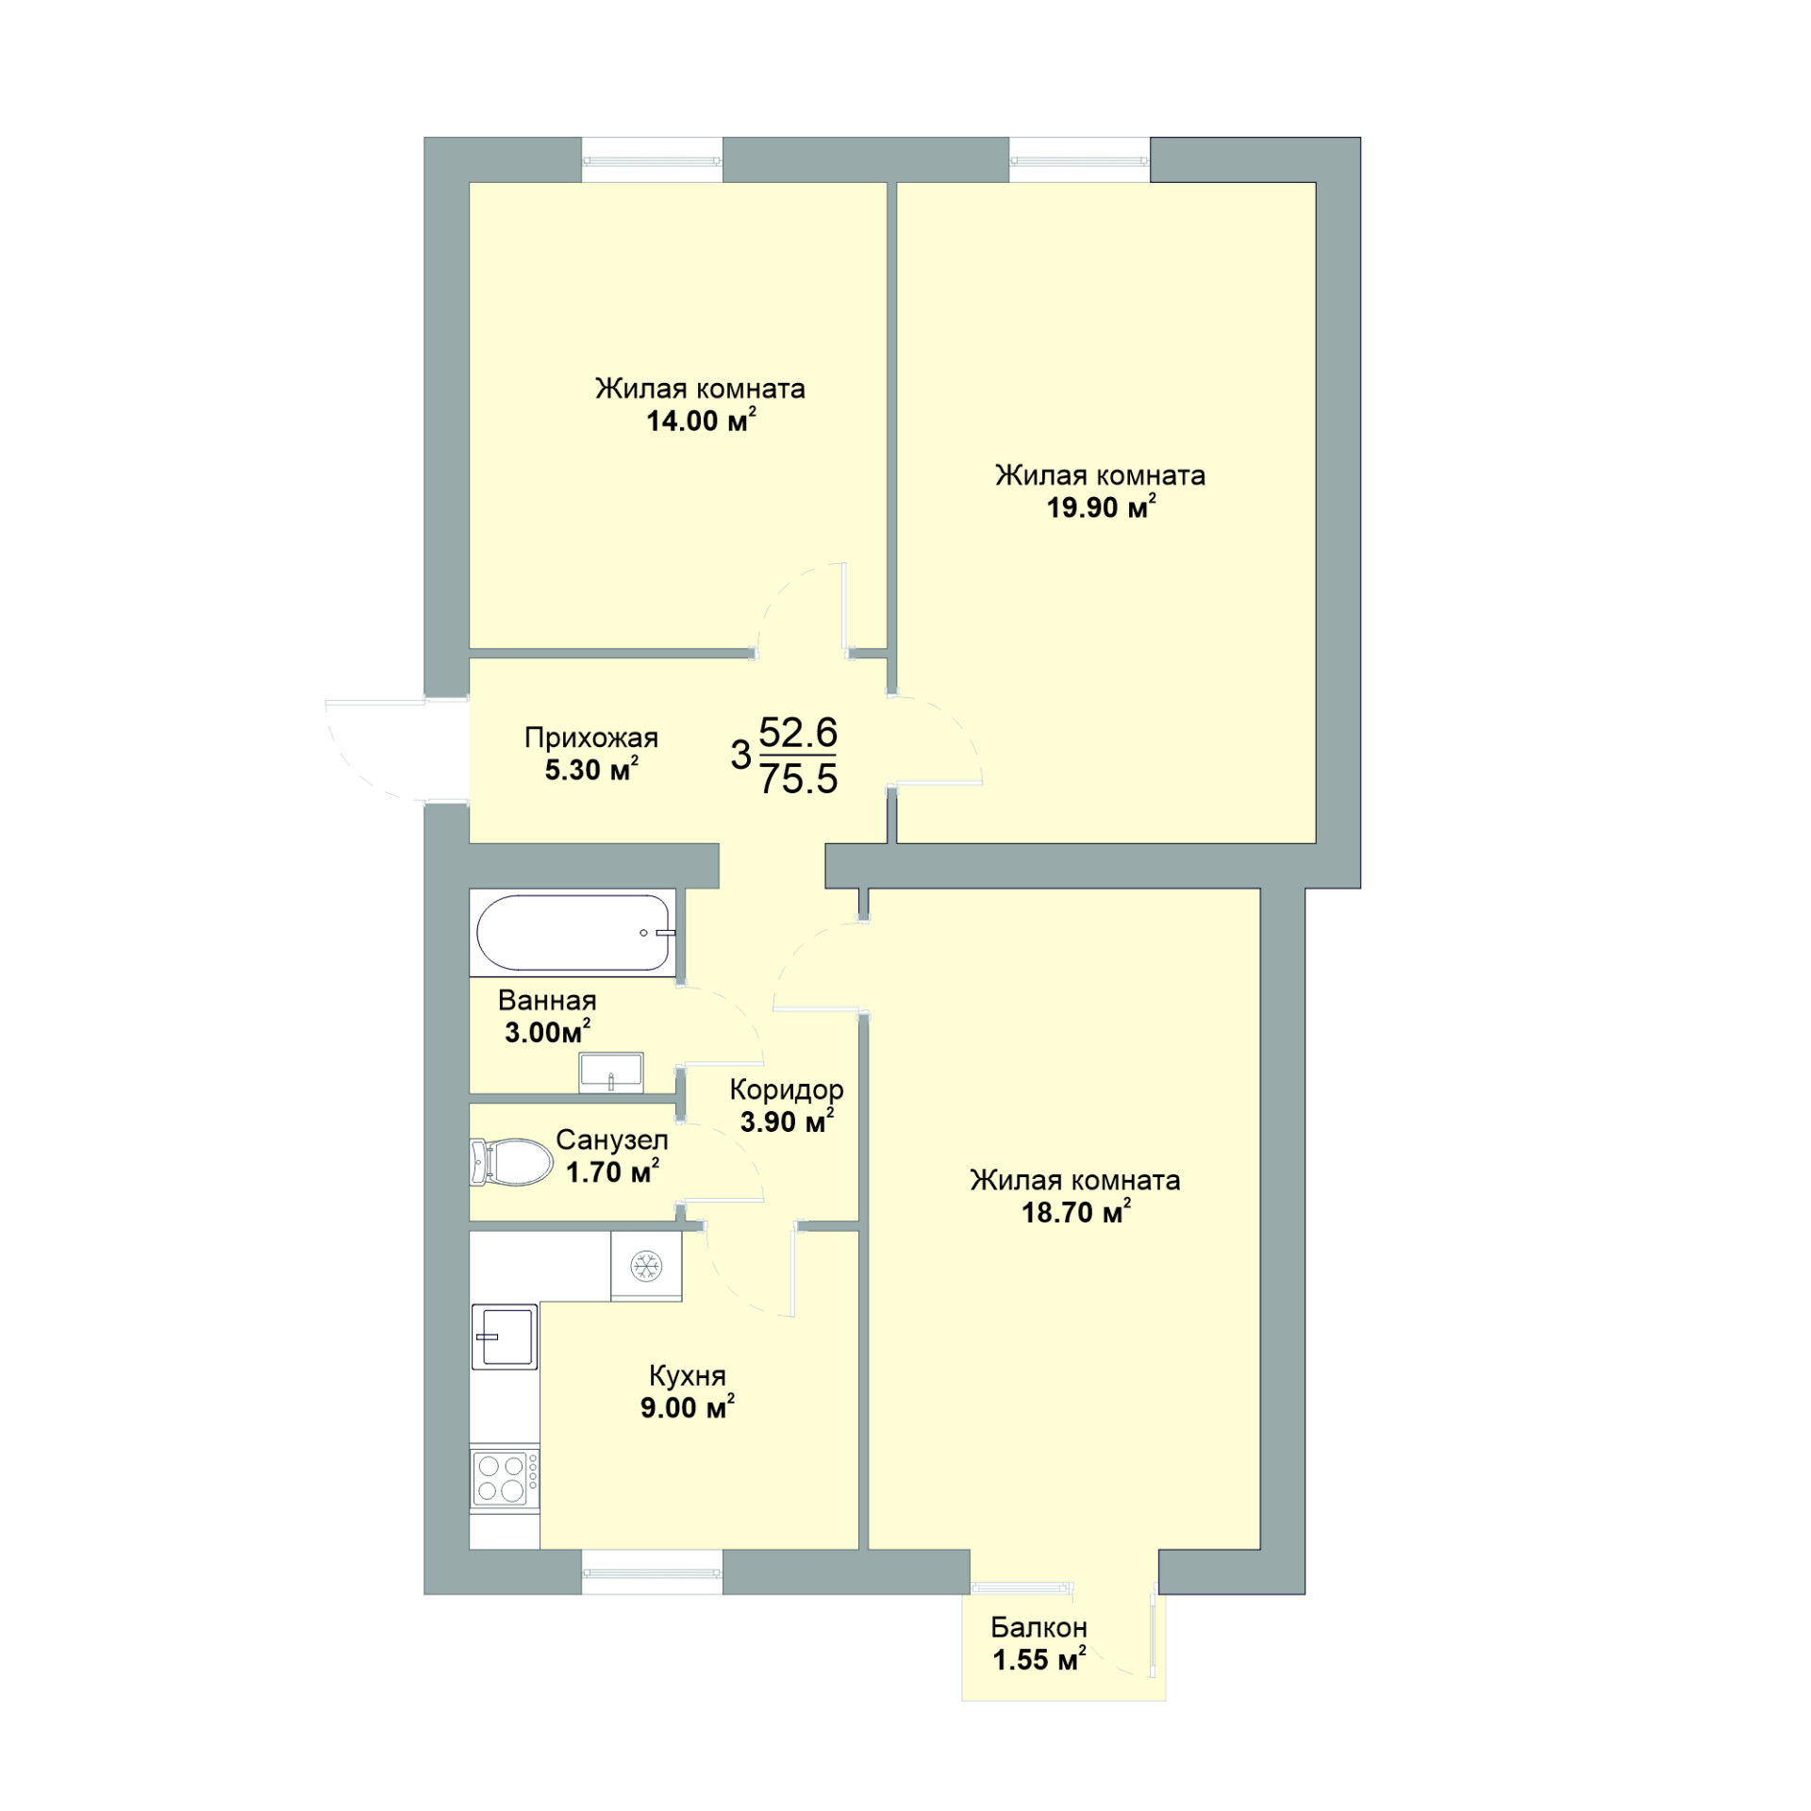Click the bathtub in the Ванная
tap(574, 933)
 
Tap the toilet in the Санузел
tap(511, 1162)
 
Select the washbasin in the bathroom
tap(611, 1073)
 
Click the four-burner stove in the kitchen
tap(505, 1478)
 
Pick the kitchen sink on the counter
tap(505, 1337)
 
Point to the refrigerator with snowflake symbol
tap(646, 1266)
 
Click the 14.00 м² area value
tap(701, 421)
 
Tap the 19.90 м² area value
tap(1101, 507)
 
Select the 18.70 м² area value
tap(1076, 1212)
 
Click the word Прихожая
tap(591, 738)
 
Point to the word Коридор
tap(787, 1090)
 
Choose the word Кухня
tap(688, 1375)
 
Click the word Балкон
tap(1038, 1627)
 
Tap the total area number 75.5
tap(799, 780)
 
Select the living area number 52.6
tap(799, 732)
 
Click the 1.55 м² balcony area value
tap(1038, 1659)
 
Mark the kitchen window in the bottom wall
tap(652, 1572)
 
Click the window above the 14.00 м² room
tap(652, 159)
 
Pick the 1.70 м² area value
tap(612, 1172)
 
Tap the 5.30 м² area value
tap(591, 770)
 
